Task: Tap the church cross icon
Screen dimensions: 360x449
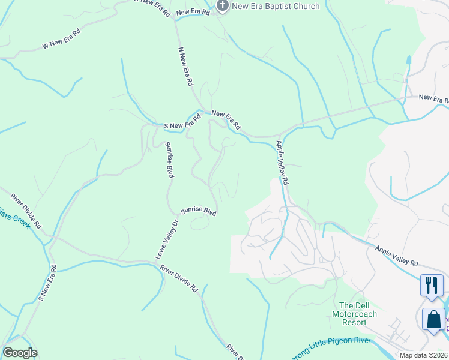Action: pos(222,7)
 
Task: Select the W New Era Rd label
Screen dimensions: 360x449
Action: pos(61,40)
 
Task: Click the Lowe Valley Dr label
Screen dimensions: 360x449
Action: pos(167,239)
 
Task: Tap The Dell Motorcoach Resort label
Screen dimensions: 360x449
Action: pos(353,314)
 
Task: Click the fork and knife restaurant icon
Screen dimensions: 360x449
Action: pos(431,284)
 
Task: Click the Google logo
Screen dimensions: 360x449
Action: pos(20,353)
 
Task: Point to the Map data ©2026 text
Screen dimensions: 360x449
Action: pos(422,355)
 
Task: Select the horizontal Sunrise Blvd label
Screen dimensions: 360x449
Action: pos(199,211)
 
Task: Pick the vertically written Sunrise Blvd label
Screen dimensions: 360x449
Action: pos(170,160)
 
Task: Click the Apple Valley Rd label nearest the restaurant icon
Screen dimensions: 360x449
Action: pos(397,255)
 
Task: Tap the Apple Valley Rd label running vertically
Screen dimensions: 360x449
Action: pos(283,163)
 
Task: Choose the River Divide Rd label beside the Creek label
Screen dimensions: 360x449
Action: pos(26,211)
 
